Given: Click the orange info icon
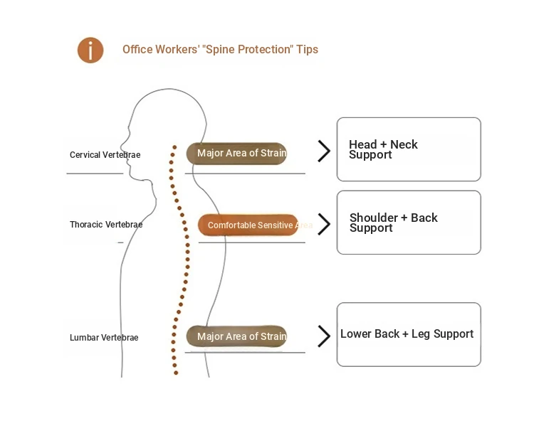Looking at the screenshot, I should tap(90, 50).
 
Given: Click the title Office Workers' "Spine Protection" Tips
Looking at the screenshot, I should tap(220, 50).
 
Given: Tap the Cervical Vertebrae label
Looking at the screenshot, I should tap(105, 155).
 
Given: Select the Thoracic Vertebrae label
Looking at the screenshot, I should tap(106, 225).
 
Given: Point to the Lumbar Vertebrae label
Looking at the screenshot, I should tap(104, 338).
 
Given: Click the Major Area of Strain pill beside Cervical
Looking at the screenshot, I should tap(237, 154).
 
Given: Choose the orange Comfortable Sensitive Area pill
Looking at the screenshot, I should tap(248, 225).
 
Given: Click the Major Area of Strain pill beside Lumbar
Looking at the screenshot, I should tap(237, 337).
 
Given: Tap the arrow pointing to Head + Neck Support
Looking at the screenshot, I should tap(324, 151).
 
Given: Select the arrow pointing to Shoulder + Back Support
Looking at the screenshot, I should tap(324, 224).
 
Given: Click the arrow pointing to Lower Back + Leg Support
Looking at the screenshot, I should tap(324, 336).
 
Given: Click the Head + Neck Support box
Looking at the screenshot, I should tap(409, 149).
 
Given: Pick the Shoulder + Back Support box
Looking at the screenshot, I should tap(409, 223).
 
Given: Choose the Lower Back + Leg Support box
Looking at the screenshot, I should tap(409, 334).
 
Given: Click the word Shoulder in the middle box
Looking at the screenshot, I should tap(372, 218).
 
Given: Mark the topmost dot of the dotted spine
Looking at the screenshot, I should tap(173, 148).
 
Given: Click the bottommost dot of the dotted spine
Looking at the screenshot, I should tap(175, 372).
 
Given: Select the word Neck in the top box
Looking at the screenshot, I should tap(404, 144).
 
